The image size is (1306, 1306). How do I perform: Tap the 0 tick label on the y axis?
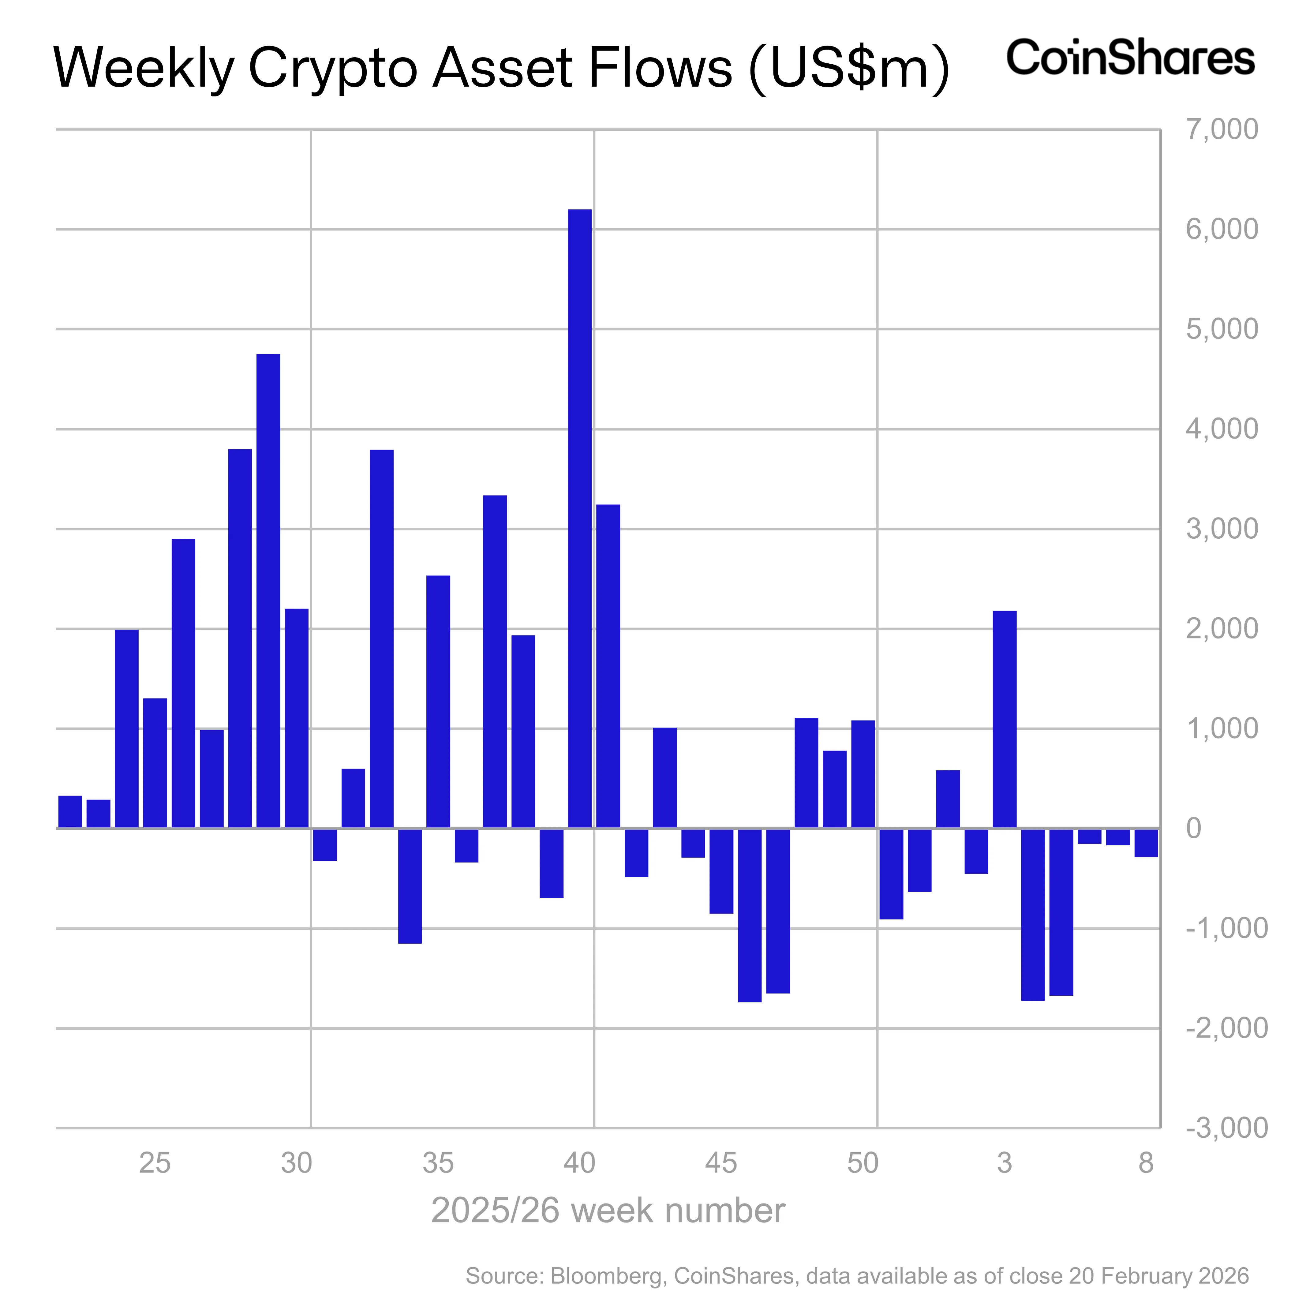pos(1194,828)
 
